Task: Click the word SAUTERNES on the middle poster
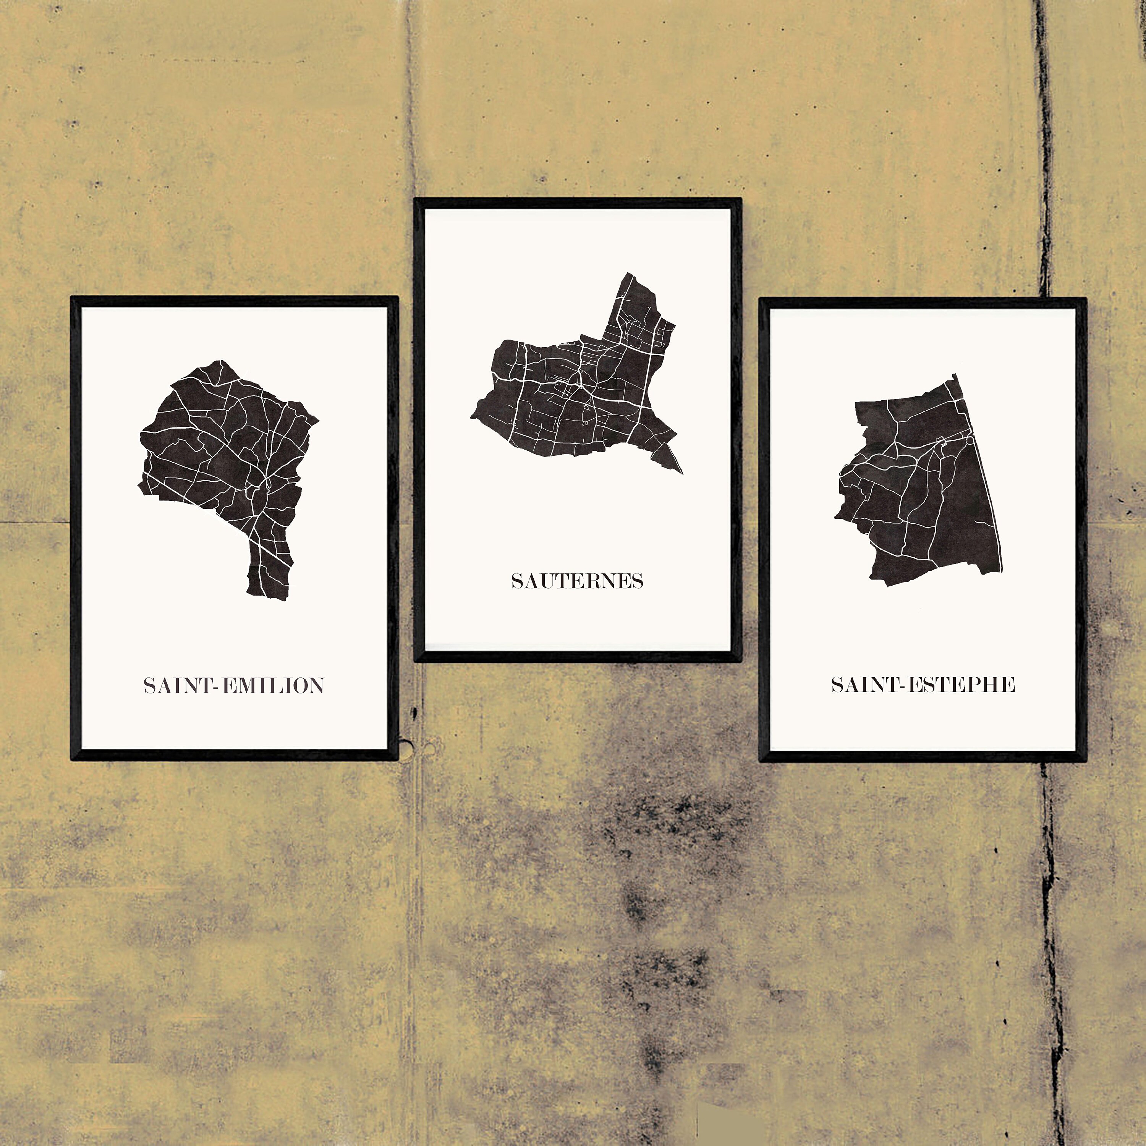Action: coord(577,581)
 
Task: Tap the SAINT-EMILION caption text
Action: coord(234,686)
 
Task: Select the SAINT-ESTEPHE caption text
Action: coord(923,685)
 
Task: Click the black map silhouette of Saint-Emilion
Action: coord(225,451)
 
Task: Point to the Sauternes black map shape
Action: coord(570,403)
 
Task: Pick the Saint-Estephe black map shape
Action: coord(925,486)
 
